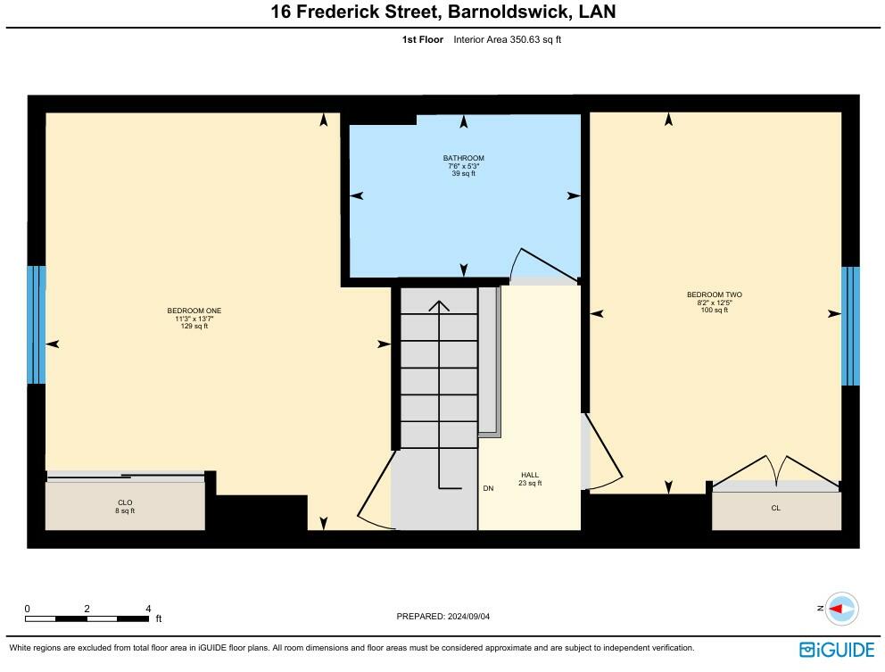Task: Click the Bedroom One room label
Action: [194, 318]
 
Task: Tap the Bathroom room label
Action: [463, 165]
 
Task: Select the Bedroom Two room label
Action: [714, 302]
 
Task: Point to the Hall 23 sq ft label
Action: [530, 479]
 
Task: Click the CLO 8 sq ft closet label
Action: [125, 507]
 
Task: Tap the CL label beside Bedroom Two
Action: [775, 508]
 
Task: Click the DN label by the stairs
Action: [488, 489]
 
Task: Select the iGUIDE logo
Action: [837, 649]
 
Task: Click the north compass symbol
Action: [840, 609]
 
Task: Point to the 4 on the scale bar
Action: [148, 609]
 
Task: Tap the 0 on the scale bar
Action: [27, 609]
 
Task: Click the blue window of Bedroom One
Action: [37, 325]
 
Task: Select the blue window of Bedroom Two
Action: [850, 326]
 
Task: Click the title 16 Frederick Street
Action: [442, 12]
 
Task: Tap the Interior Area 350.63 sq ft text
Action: [507, 39]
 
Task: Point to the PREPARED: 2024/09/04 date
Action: [442, 616]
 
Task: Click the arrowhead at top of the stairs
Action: [439, 305]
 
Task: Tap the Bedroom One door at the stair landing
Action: [375, 491]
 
